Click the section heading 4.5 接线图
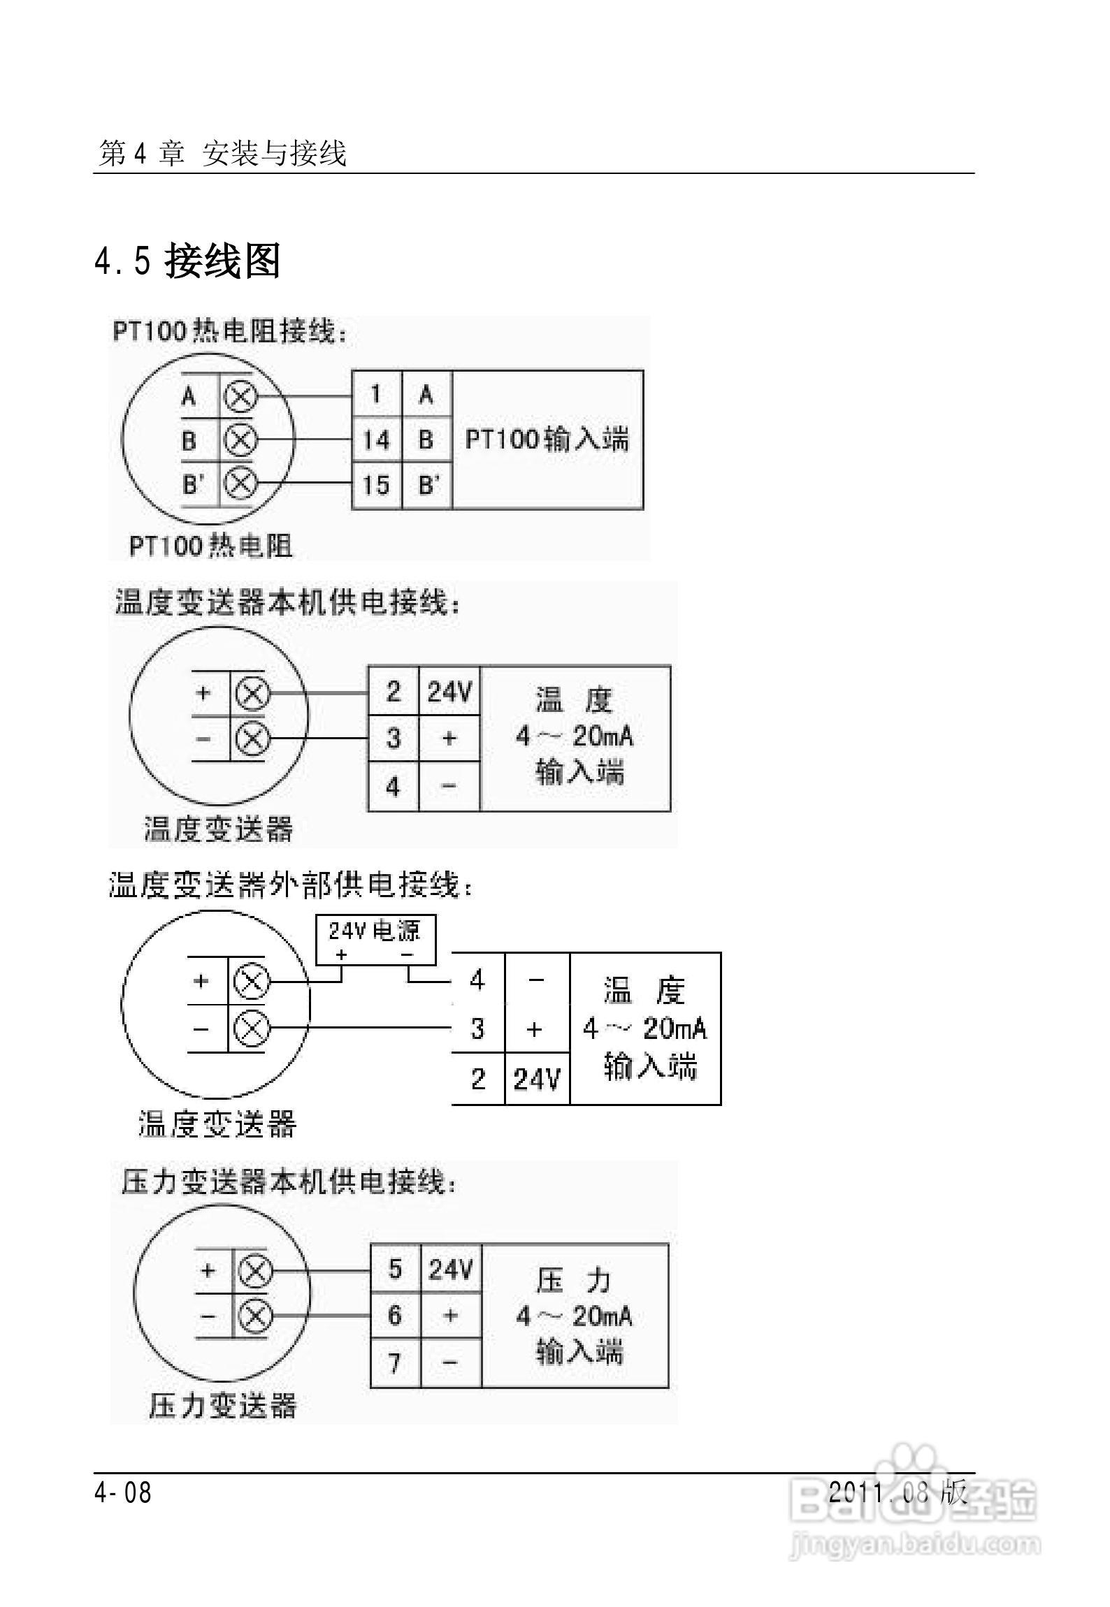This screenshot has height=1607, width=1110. click(x=187, y=262)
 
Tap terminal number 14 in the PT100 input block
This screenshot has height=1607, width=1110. click(x=376, y=440)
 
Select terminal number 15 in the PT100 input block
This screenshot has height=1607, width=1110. click(x=376, y=485)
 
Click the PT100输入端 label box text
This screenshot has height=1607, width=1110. click(x=547, y=439)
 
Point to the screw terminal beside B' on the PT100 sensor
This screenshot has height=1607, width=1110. click(x=240, y=483)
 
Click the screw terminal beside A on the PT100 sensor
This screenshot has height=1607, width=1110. click(x=240, y=397)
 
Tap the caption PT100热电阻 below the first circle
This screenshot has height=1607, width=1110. click(x=211, y=546)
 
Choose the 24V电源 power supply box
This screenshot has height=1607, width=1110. click(x=375, y=939)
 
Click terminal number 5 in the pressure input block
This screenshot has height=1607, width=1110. click(x=395, y=1269)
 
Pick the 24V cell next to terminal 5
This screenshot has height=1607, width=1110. click(x=451, y=1269)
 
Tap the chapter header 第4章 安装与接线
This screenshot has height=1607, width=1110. click(x=222, y=153)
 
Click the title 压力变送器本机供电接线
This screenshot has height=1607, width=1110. click(x=289, y=1182)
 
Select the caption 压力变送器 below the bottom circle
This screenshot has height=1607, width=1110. click(x=223, y=1406)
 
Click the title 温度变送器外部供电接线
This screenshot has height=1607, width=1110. click(x=292, y=885)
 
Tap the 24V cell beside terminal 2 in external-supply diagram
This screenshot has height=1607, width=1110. click(x=536, y=1079)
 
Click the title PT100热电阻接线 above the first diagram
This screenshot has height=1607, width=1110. click(x=230, y=331)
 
